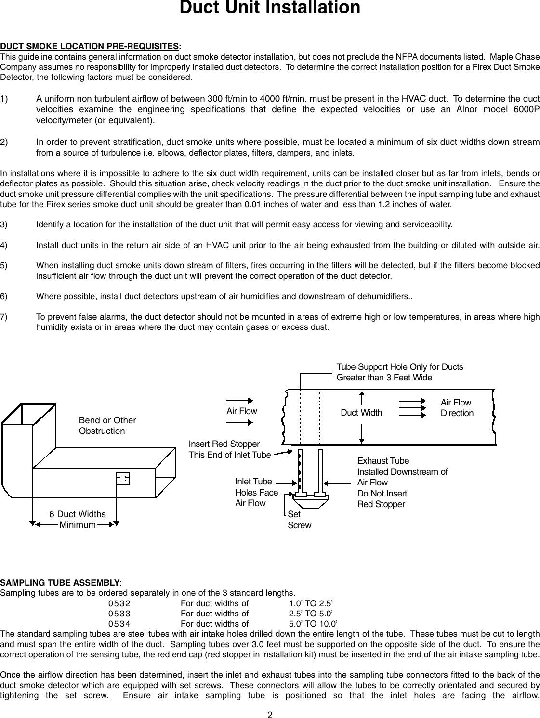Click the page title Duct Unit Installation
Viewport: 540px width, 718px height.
pyautogui.click(x=269, y=8)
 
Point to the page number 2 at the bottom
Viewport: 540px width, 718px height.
pyautogui.click(x=270, y=714)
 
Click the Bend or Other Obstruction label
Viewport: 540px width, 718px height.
pyautogui.click(x=107, y=426)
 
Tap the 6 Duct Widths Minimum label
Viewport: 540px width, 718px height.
pyautogui.click(x=77, y=520)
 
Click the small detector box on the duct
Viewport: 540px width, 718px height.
pyautogui.click(x=123, y=479)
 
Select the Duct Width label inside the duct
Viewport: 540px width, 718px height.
pyautogui.click(x=361, y=413)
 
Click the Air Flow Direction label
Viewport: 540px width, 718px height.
pyautogui.click(x=457, y=408)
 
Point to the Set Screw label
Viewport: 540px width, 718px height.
pyautogui.click(x=299, y=520)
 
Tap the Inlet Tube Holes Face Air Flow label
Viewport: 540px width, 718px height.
pyautogui.click(x=256, y=492)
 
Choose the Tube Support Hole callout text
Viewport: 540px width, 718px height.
pyautogui.click(x=399, y=372)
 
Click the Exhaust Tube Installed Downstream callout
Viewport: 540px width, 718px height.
pyautogui.click(x=402, y=483)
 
